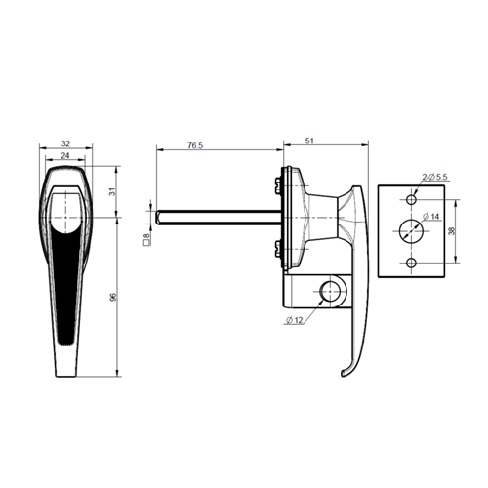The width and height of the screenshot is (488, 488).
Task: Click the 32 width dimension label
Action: tap(65, 143)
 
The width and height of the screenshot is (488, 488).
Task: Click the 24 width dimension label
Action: tap(65, 156)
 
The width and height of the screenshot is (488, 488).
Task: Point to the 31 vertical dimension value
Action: tap(112, 191)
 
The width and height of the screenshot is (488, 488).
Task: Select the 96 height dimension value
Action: tap(113, 297)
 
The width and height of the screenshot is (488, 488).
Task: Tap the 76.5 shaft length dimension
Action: tap(195, 145)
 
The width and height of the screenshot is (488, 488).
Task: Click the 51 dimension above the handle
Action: tap(309, 141)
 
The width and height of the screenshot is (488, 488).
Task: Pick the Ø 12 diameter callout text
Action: tap(295, 320)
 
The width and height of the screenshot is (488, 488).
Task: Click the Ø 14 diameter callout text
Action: tap(430, 216)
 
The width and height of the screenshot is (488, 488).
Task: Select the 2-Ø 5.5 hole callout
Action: tap(434, 177)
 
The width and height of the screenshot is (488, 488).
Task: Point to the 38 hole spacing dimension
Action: tap(451, 231)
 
